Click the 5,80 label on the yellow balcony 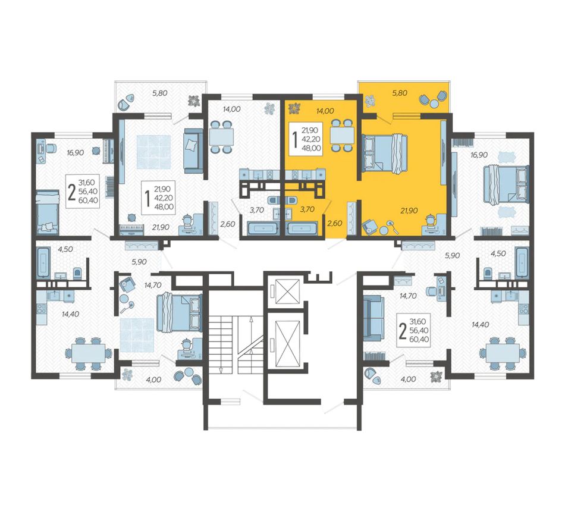click(399, 93)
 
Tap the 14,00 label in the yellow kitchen click(325, 111)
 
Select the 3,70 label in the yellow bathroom click(307, 209)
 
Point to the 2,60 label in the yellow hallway click(334, 223)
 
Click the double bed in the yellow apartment click(384, 152)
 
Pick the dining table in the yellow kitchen click(342, 135)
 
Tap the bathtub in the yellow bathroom click(302, 228)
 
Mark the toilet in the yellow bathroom click(290, 200)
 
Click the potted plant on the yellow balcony click(369, 101)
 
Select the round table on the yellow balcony click(434, 103)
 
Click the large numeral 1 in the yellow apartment click(295, 140)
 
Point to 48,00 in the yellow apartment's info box click(311, 148)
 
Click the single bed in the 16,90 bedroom click(48, 212)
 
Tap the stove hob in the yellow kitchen click(295, 175)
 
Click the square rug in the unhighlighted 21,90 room click(154, 152)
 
